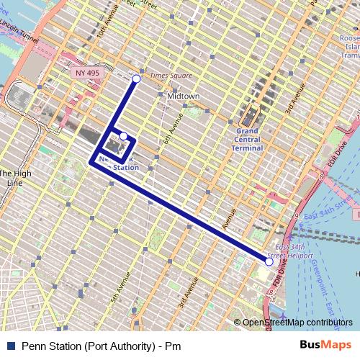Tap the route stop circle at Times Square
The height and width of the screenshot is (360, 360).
point(137,78)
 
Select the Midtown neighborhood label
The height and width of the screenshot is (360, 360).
point(183,95)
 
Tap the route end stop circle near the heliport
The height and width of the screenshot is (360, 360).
point(269,261)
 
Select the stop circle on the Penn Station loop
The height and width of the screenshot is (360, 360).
point(123,136)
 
